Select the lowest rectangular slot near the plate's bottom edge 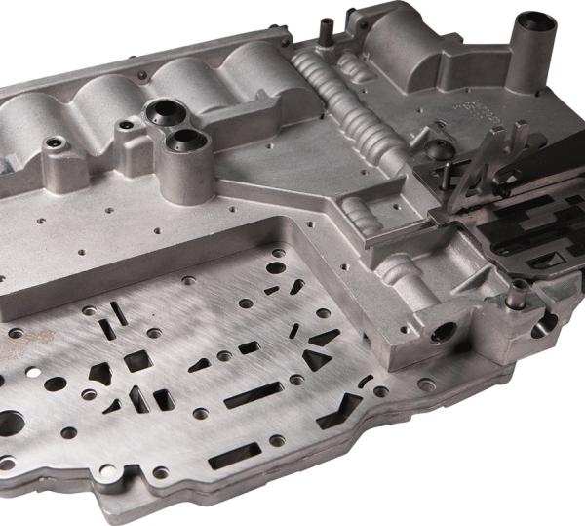234,455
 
